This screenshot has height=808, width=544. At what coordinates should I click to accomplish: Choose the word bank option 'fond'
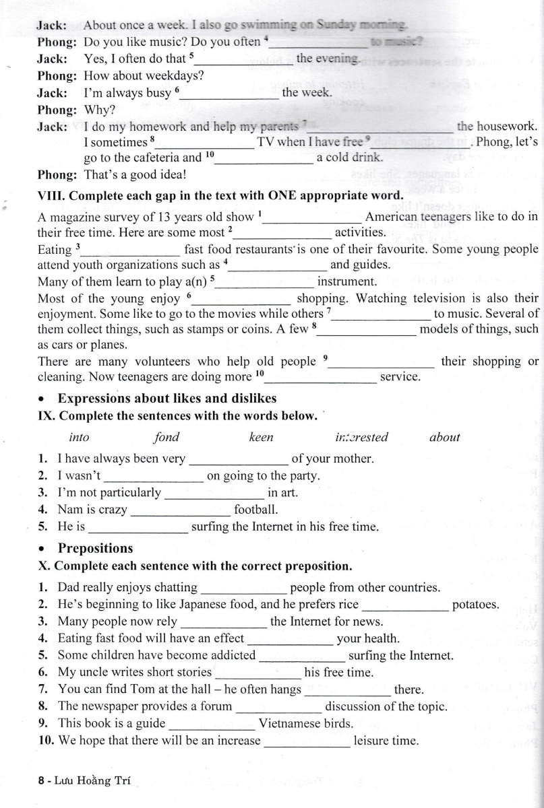(167, 438)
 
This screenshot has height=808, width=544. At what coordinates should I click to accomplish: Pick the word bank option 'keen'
(262, 438)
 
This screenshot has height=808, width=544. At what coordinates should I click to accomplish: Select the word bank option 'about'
(444, 438)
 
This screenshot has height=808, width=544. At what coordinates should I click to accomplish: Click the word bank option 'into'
(79, 438)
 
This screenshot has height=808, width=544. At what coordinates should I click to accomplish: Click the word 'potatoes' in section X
(475, 605)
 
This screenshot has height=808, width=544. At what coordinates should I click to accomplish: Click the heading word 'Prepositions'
(95, 548)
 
